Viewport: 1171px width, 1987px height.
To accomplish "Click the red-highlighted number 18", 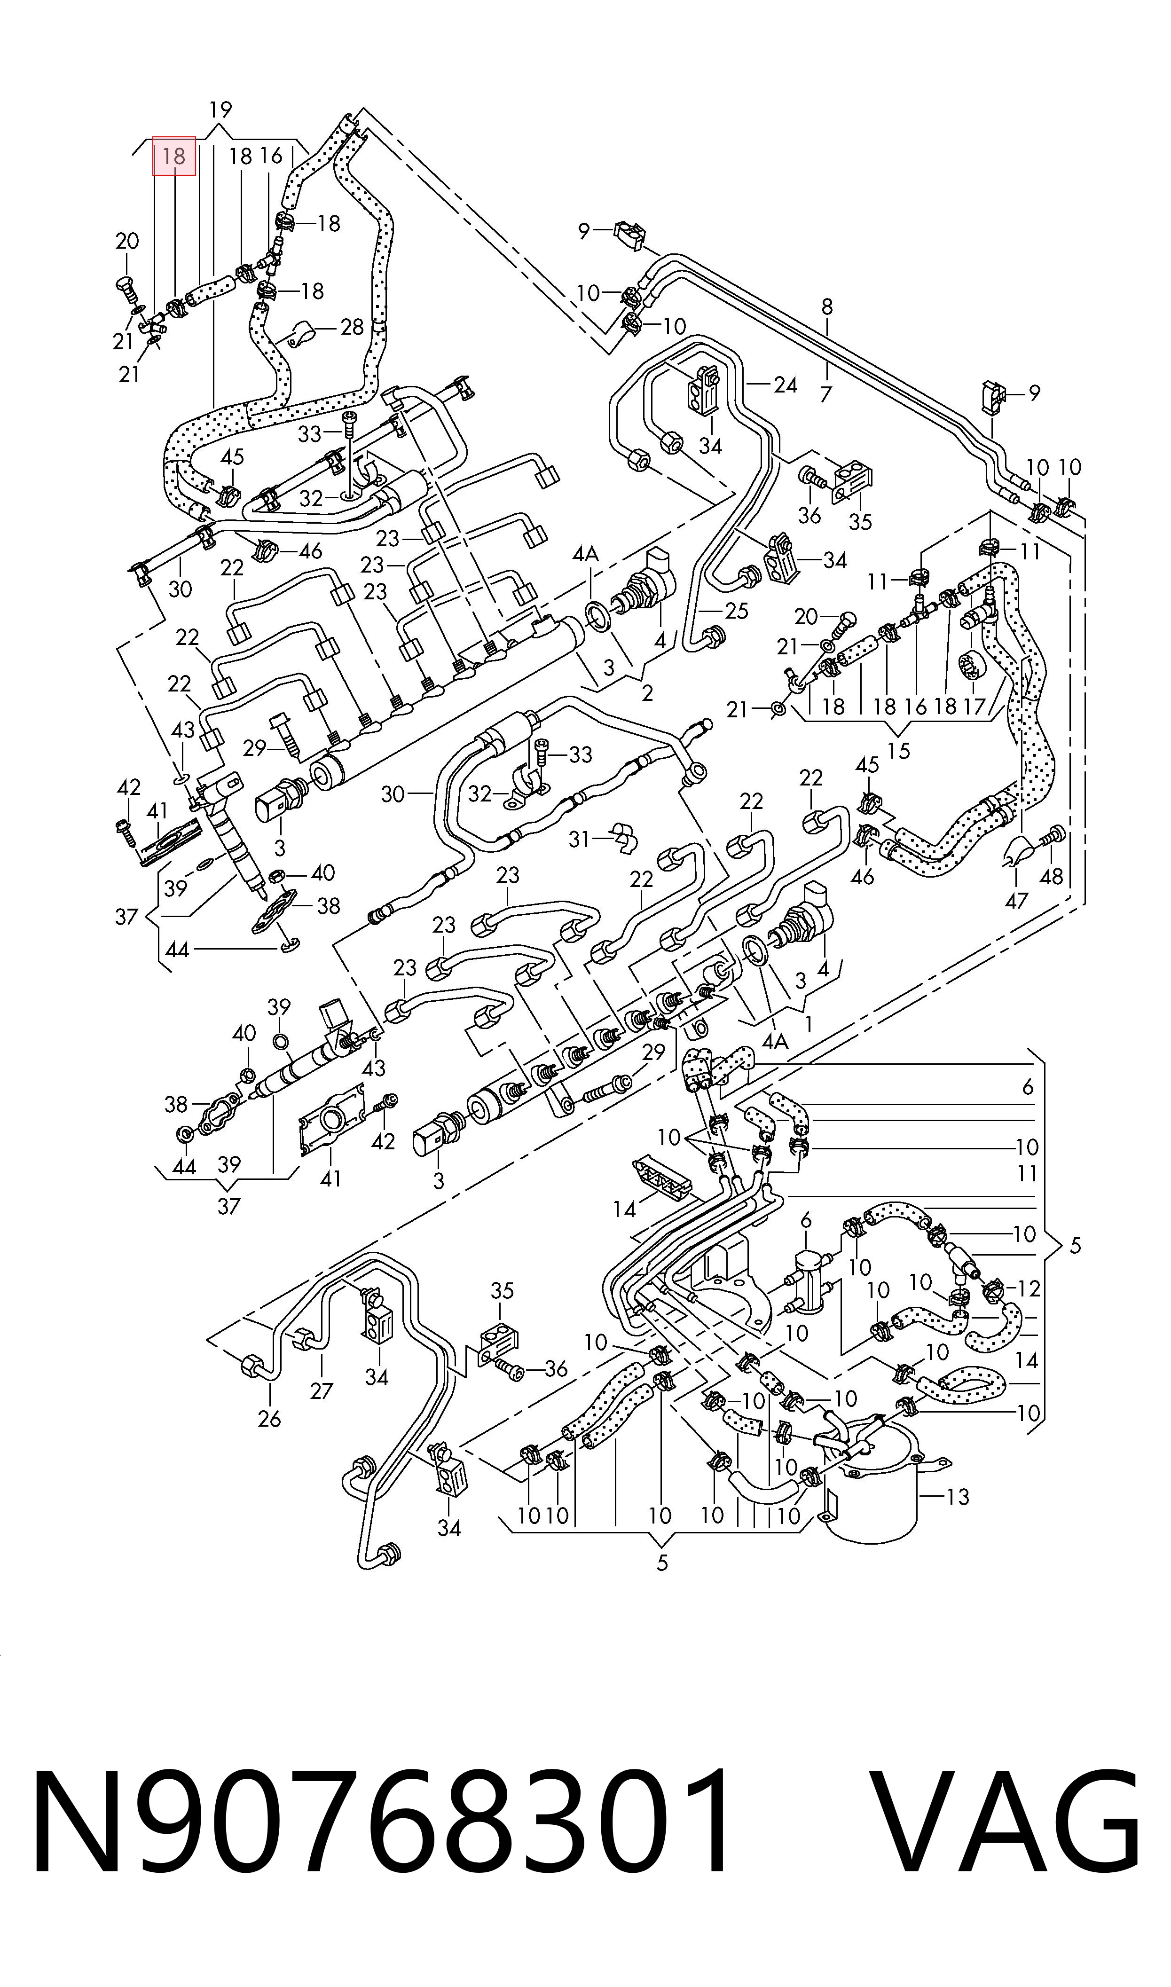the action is coord(173,156).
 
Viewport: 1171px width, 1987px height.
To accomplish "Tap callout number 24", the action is coord(785,385).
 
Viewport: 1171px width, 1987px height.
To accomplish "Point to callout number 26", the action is coord(269,1419).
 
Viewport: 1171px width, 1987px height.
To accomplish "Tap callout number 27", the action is coord(321,1390).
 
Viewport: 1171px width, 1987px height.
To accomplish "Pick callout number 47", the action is coord(1016,900).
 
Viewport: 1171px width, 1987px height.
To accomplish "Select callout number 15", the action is coord(899,751).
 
